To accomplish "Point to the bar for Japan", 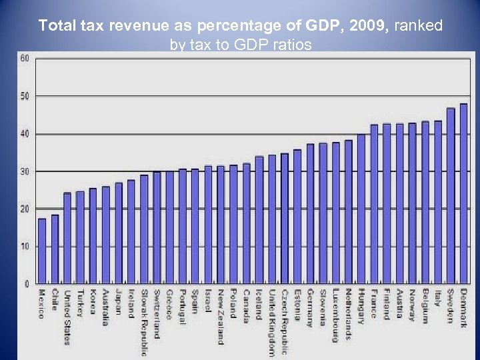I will (x=119, y=233).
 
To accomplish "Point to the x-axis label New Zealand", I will (x=221, y=317).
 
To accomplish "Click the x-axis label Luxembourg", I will (x=336, y=315).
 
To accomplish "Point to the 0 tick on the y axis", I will (x=27, y=284).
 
